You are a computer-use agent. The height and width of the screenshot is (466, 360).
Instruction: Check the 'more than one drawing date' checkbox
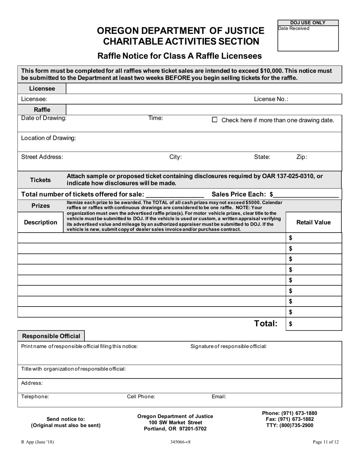click(x=214, y=120)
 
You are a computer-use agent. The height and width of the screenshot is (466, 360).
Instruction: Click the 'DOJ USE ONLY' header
click(x=308, y=23)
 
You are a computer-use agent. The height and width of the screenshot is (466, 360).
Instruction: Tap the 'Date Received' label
click(x=294, y=28)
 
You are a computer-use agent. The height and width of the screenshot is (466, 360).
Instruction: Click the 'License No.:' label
click(x=271, y=99)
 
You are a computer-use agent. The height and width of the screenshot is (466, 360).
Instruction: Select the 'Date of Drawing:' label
click(x=44, y=118)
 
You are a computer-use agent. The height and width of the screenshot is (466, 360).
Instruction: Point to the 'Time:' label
click(x=155, y=118)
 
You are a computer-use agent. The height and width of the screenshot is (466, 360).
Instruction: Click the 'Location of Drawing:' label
click(x=49, y=138)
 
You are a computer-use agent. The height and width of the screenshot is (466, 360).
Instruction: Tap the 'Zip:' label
click(x=301, y=157)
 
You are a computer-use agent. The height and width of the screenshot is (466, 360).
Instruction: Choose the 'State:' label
click(x=262, y=157)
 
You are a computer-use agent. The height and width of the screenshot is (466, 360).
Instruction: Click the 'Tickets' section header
click(x=41, y=180)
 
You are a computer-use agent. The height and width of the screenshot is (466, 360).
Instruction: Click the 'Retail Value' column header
click(x=313, y=222)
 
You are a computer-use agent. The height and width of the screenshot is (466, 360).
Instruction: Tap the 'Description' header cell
click(x=41, y=222)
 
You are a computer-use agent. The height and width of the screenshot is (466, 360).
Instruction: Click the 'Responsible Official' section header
click(x=51, y=336)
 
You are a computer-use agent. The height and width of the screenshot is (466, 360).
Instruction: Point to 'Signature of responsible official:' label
click(x=229, y=346)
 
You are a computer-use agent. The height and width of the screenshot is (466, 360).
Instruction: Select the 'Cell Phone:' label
click(x=141, y=397)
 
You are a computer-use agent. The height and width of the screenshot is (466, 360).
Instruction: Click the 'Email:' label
click(x=219, y=397)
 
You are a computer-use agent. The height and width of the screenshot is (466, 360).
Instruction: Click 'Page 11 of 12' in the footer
click(x=326, y=442)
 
